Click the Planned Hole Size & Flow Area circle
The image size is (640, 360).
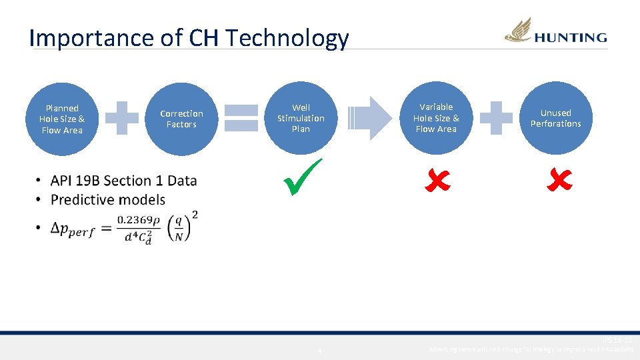(62, 119)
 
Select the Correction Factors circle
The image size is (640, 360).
(181, 119)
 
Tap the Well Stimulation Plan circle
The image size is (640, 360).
(301, 118)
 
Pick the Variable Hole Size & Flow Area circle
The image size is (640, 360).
(436, 118)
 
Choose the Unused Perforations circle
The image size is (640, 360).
(556, 118)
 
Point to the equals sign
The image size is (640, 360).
(241, 119)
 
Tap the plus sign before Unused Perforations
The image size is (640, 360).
(496, 118)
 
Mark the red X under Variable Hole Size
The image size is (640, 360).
(438, 179)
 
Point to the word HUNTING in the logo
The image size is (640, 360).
(571, 38)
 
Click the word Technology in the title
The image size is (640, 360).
(287, 38)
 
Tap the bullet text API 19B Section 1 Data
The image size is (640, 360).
(123, 180)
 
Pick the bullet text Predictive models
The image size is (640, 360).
(107, 199)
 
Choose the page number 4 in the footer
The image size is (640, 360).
(319, 351)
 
